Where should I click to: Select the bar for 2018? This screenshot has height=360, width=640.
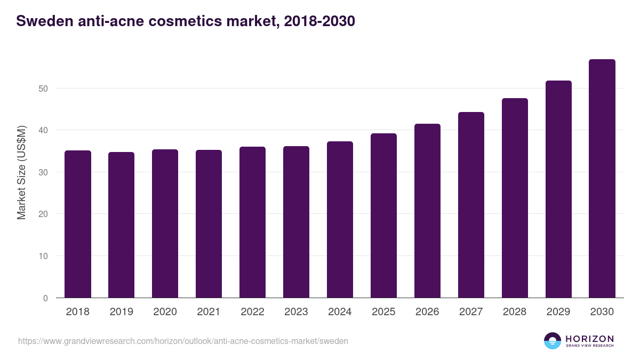pos(78,224)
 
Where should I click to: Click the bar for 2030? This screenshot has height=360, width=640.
pos(602,179)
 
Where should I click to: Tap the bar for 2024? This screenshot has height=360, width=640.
pos(340,220)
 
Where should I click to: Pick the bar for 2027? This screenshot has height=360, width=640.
pos(471,205)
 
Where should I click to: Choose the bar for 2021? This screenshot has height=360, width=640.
pos(209,224)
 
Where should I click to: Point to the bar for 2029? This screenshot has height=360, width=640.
pos(558,189)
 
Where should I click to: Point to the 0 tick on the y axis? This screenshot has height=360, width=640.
pos(46,298)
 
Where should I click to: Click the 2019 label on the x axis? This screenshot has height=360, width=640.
pos(122,312)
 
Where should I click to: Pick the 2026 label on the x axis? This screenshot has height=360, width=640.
pos(427,312)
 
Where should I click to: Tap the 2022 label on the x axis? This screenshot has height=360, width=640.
pos(252,312)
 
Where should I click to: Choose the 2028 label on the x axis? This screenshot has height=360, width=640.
pos(515,312)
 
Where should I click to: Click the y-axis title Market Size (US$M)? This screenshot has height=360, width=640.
pos(22,172)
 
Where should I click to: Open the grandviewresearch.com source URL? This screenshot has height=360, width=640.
pos(183,341)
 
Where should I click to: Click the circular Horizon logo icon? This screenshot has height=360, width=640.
pos(553,341)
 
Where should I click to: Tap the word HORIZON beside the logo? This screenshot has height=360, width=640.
pos(589,339)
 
